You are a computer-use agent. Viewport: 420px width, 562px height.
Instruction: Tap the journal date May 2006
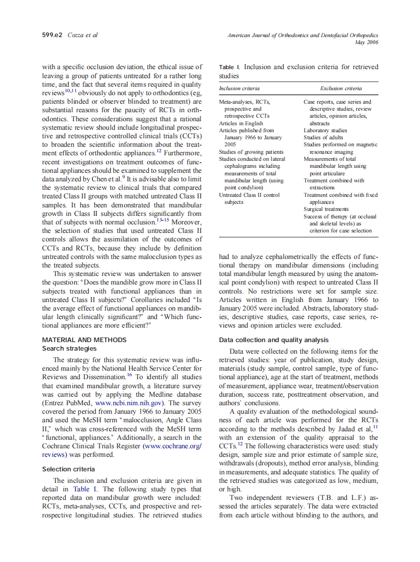point(366,43)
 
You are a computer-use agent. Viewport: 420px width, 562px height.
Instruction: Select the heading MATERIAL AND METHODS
point(84,340)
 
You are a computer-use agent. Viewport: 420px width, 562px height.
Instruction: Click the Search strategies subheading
point(69,348)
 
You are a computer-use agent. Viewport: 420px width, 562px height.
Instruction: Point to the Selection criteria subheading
point(68,469)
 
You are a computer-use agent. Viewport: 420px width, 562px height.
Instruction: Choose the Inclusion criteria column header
point(239,89)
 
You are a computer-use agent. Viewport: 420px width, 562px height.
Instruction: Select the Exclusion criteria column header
point(341,89)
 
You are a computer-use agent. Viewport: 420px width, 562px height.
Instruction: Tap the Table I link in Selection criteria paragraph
point(82,489)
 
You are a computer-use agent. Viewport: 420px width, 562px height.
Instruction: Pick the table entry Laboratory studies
point(325,130)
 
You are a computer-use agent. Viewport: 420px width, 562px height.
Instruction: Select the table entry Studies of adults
point(322,137)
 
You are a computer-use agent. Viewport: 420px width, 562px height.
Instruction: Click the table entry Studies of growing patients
point(251,152)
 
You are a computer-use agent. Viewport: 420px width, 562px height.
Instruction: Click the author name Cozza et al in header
point(83,36)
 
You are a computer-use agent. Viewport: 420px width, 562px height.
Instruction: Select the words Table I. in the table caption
point(230,67)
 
